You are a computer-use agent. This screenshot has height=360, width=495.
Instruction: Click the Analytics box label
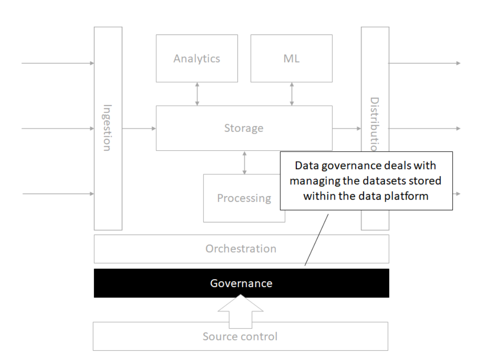coord(196,59)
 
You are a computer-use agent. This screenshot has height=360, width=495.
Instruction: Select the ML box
coord(291,59)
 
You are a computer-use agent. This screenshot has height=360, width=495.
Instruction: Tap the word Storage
coord(244,128)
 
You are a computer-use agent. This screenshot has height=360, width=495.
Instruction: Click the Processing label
coord(244,198)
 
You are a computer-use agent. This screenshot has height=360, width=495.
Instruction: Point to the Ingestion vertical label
coord(107,127)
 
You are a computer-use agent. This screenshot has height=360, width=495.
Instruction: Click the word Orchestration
coord(241,249)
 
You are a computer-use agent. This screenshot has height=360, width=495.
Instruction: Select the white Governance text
coord(241,283)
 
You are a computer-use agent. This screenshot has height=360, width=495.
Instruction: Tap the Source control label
coord(240,336)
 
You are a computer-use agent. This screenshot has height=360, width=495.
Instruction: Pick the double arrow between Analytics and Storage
coord(197,94)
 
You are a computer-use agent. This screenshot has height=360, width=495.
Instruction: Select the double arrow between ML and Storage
coord(292,94)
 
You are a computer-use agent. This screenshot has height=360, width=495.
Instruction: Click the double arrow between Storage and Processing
coord(244,163)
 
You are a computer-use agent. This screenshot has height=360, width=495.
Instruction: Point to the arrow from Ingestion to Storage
coord(139,128)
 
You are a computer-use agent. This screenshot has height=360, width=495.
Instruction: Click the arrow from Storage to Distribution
coord(347,128)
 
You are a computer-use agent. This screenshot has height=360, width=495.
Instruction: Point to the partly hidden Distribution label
coord(374,124)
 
